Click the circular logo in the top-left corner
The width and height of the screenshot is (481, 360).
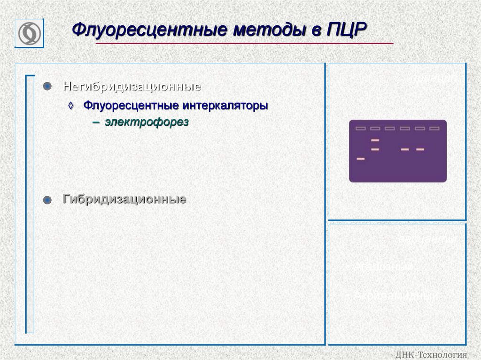29,33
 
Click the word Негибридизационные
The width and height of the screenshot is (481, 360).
132,87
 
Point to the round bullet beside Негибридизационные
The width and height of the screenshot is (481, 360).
47,86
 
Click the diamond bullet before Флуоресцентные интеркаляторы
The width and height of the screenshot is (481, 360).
71,106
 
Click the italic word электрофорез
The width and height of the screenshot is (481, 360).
147,123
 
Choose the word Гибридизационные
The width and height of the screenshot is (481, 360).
124,199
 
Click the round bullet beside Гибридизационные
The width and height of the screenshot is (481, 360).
47,200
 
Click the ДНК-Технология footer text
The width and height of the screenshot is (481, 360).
432,354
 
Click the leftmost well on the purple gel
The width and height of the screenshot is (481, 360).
360,128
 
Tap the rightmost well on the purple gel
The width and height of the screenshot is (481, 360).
434,128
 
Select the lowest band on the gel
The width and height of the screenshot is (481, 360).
360,159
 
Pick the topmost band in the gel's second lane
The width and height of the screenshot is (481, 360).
375,140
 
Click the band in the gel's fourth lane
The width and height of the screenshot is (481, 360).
405,149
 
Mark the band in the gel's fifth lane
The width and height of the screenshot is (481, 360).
420,149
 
